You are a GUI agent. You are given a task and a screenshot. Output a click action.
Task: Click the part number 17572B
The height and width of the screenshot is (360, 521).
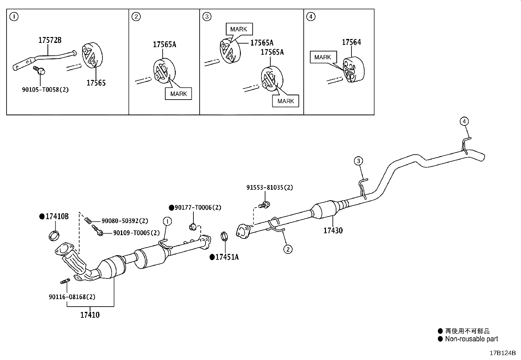[50, 40]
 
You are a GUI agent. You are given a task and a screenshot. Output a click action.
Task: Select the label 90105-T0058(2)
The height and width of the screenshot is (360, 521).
[45, 89]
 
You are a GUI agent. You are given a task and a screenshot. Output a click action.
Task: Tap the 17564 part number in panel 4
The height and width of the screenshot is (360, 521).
[351, 42]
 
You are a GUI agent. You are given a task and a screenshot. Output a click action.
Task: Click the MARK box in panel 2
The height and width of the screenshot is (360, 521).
[178, 94]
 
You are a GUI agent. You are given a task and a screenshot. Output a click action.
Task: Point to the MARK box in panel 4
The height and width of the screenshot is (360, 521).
[323, 57]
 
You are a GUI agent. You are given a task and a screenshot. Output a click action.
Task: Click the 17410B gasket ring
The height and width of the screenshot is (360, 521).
[55, 236]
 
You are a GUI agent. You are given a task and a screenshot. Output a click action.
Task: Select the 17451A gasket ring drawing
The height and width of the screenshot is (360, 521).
[224, 236]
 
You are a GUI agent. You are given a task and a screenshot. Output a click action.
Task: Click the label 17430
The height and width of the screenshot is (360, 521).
[333, 230]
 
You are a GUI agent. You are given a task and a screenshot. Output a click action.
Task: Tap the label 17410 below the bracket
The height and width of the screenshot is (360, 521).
[90, 315]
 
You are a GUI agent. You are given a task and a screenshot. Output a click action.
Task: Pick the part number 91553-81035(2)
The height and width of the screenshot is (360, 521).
[270, 188]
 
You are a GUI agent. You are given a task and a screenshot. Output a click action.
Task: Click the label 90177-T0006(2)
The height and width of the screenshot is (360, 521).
[198, 207]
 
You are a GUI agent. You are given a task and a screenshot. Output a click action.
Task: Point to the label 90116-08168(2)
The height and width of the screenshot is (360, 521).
[72, 297]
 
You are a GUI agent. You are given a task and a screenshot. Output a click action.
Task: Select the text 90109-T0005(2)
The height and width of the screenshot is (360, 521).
[136, 233]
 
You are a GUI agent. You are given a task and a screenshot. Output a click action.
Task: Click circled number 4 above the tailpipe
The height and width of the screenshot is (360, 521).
[464, 122]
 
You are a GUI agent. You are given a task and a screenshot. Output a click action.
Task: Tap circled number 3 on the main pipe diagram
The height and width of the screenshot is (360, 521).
[358, 161]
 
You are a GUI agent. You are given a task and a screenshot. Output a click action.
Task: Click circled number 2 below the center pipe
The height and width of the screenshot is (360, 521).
[288, 250]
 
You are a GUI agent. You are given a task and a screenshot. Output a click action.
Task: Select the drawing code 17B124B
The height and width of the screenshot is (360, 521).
[503, 353]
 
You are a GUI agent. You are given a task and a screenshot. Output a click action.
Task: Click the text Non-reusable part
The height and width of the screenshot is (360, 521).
[471, 339]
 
